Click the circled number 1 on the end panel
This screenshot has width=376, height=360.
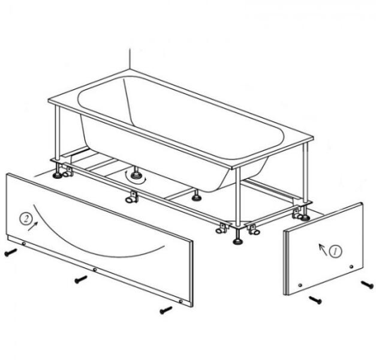point(336,251)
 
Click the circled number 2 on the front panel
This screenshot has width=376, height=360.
point(26,219)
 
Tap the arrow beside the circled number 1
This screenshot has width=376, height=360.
point(323,250)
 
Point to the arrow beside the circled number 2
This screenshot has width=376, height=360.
point(33,226)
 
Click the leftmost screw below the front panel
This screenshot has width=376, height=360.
point(11,253)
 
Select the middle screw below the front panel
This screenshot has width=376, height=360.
point(81,280)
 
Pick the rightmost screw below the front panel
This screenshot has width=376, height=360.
point(166,310)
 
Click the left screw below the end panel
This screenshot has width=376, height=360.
point(315,300)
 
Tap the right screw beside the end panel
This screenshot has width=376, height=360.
point(368,284)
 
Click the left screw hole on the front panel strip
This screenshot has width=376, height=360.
point(24,244)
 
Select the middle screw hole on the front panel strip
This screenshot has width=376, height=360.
point(95,270)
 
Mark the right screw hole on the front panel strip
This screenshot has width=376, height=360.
point(181,301)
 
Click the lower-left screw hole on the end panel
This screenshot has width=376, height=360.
point(300,285)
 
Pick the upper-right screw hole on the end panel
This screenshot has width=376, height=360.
point(351,266)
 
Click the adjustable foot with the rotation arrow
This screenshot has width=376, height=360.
point(136,175)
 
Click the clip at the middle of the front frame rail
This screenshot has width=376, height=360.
point(132,196)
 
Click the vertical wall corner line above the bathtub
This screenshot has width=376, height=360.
point(130,59)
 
